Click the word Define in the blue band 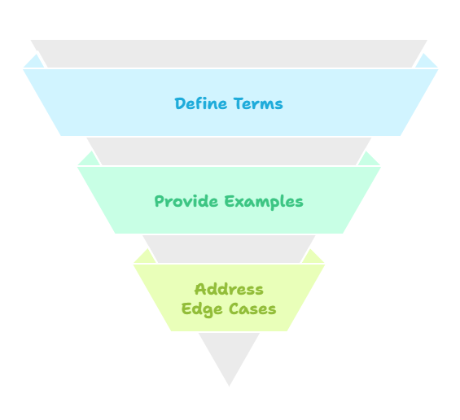[201, 103]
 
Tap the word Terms [258, 103]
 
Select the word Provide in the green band [186, 201]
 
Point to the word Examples [264, 202]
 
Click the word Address [229, 289]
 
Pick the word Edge [202, 310]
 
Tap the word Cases [252, 308]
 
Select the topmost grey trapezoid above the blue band [229, 54]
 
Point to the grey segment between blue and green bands [229, 151]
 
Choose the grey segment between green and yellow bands [229, 249]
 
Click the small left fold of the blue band [34, 63]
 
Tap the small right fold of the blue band [426, 63]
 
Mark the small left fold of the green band [90, 160]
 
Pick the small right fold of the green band [369, 160]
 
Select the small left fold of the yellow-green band [145, 258]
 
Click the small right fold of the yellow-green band [313, 258]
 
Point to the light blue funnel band [230, 103]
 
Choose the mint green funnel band [229, 200]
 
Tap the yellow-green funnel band [229, 298]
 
